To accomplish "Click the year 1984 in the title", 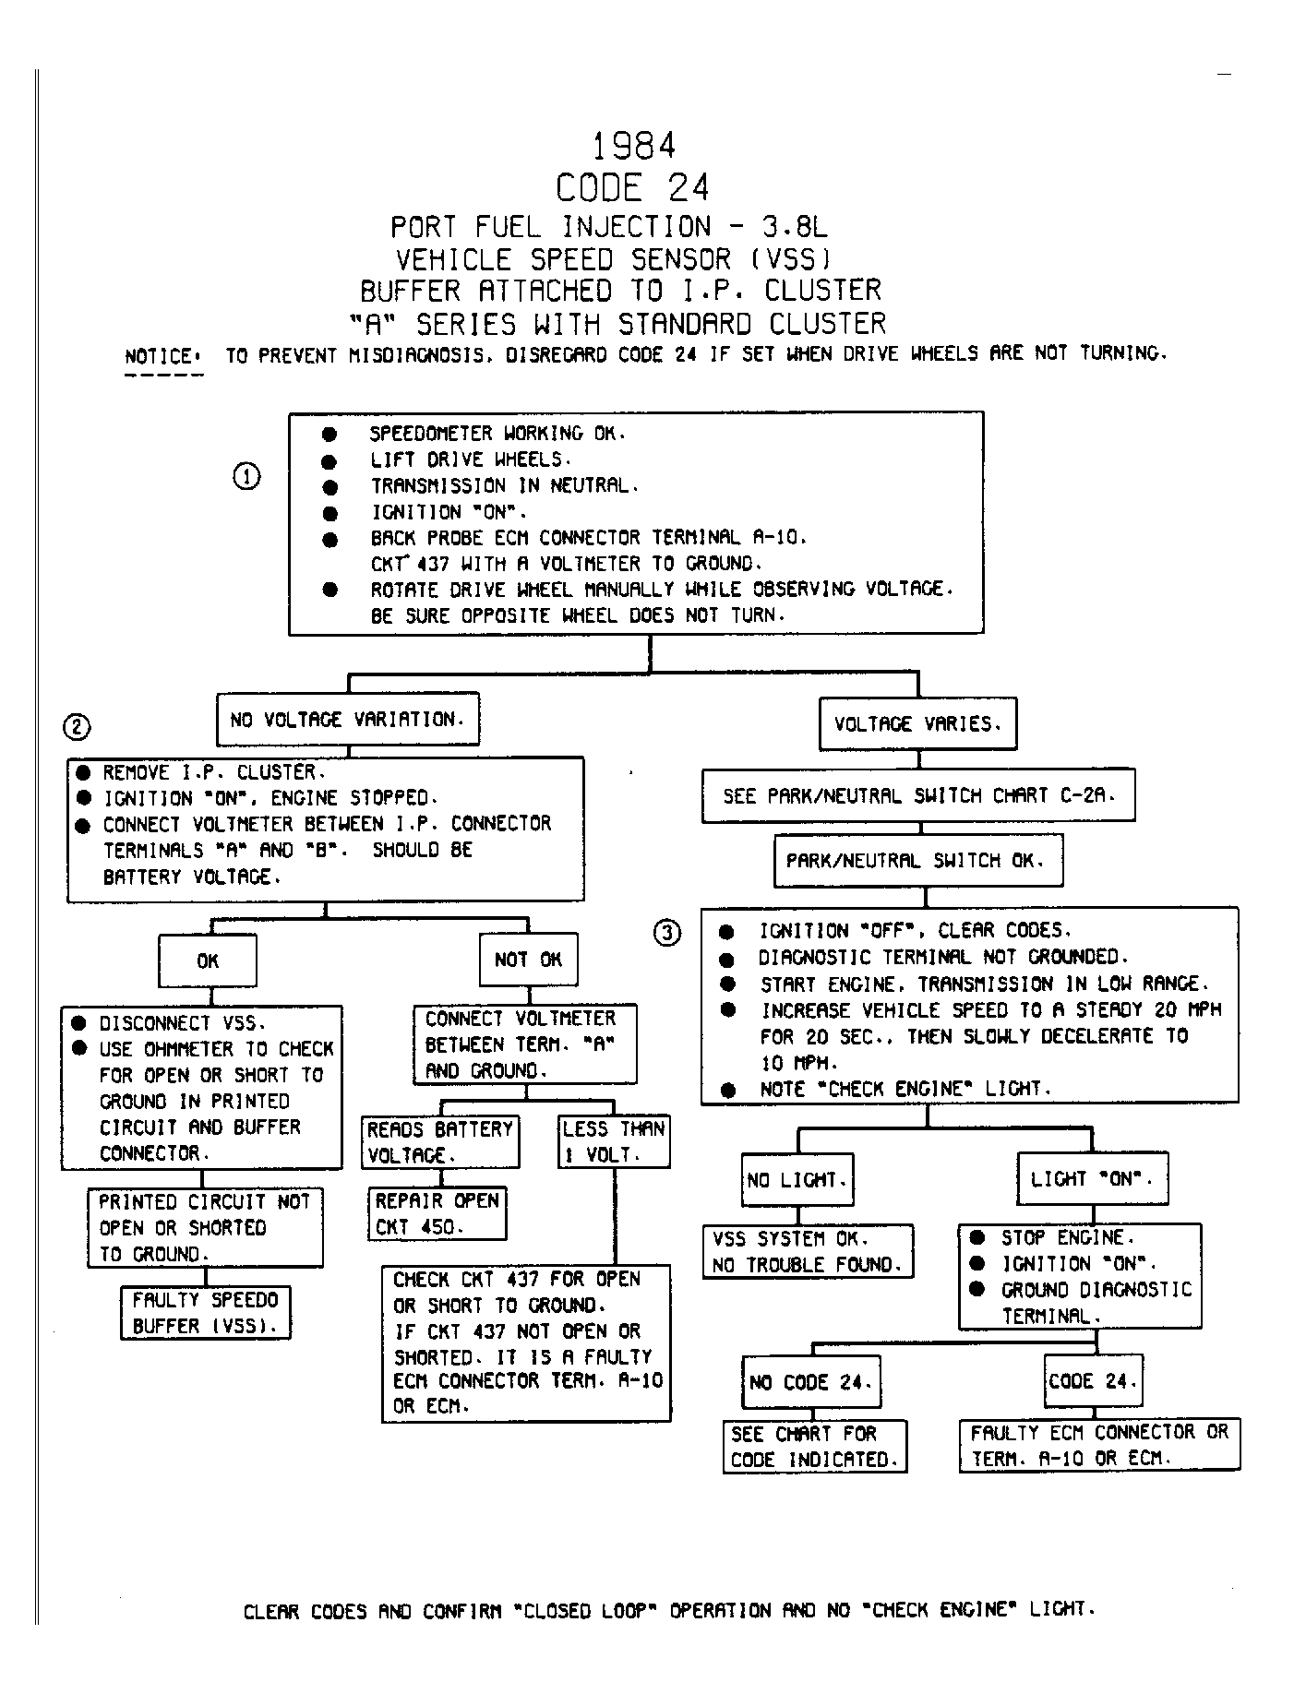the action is [633, 146].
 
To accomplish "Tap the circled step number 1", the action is [246, 477].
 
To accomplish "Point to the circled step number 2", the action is [78, 728].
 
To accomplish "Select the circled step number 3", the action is [668, 934].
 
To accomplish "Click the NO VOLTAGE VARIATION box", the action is [348, 720].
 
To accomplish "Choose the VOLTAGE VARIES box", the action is [918, 724].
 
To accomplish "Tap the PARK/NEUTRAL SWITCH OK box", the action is [917, 861].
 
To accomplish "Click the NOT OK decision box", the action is [529, 960].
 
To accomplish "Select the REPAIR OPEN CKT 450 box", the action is [437, 1213].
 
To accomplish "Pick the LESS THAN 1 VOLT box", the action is [614, 1142].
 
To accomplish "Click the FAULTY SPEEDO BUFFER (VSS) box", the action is [206, 1313].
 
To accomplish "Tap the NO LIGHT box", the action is [797, 1179].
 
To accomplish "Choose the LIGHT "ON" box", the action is [1093, 1178].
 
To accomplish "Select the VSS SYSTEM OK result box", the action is [809, 1251].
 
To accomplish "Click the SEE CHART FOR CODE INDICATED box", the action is [815, 1446].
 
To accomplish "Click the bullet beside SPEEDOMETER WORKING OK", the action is [329, 434].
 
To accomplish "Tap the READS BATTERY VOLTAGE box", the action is [441, 1142].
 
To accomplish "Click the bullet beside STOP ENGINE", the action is [977, 1238].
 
